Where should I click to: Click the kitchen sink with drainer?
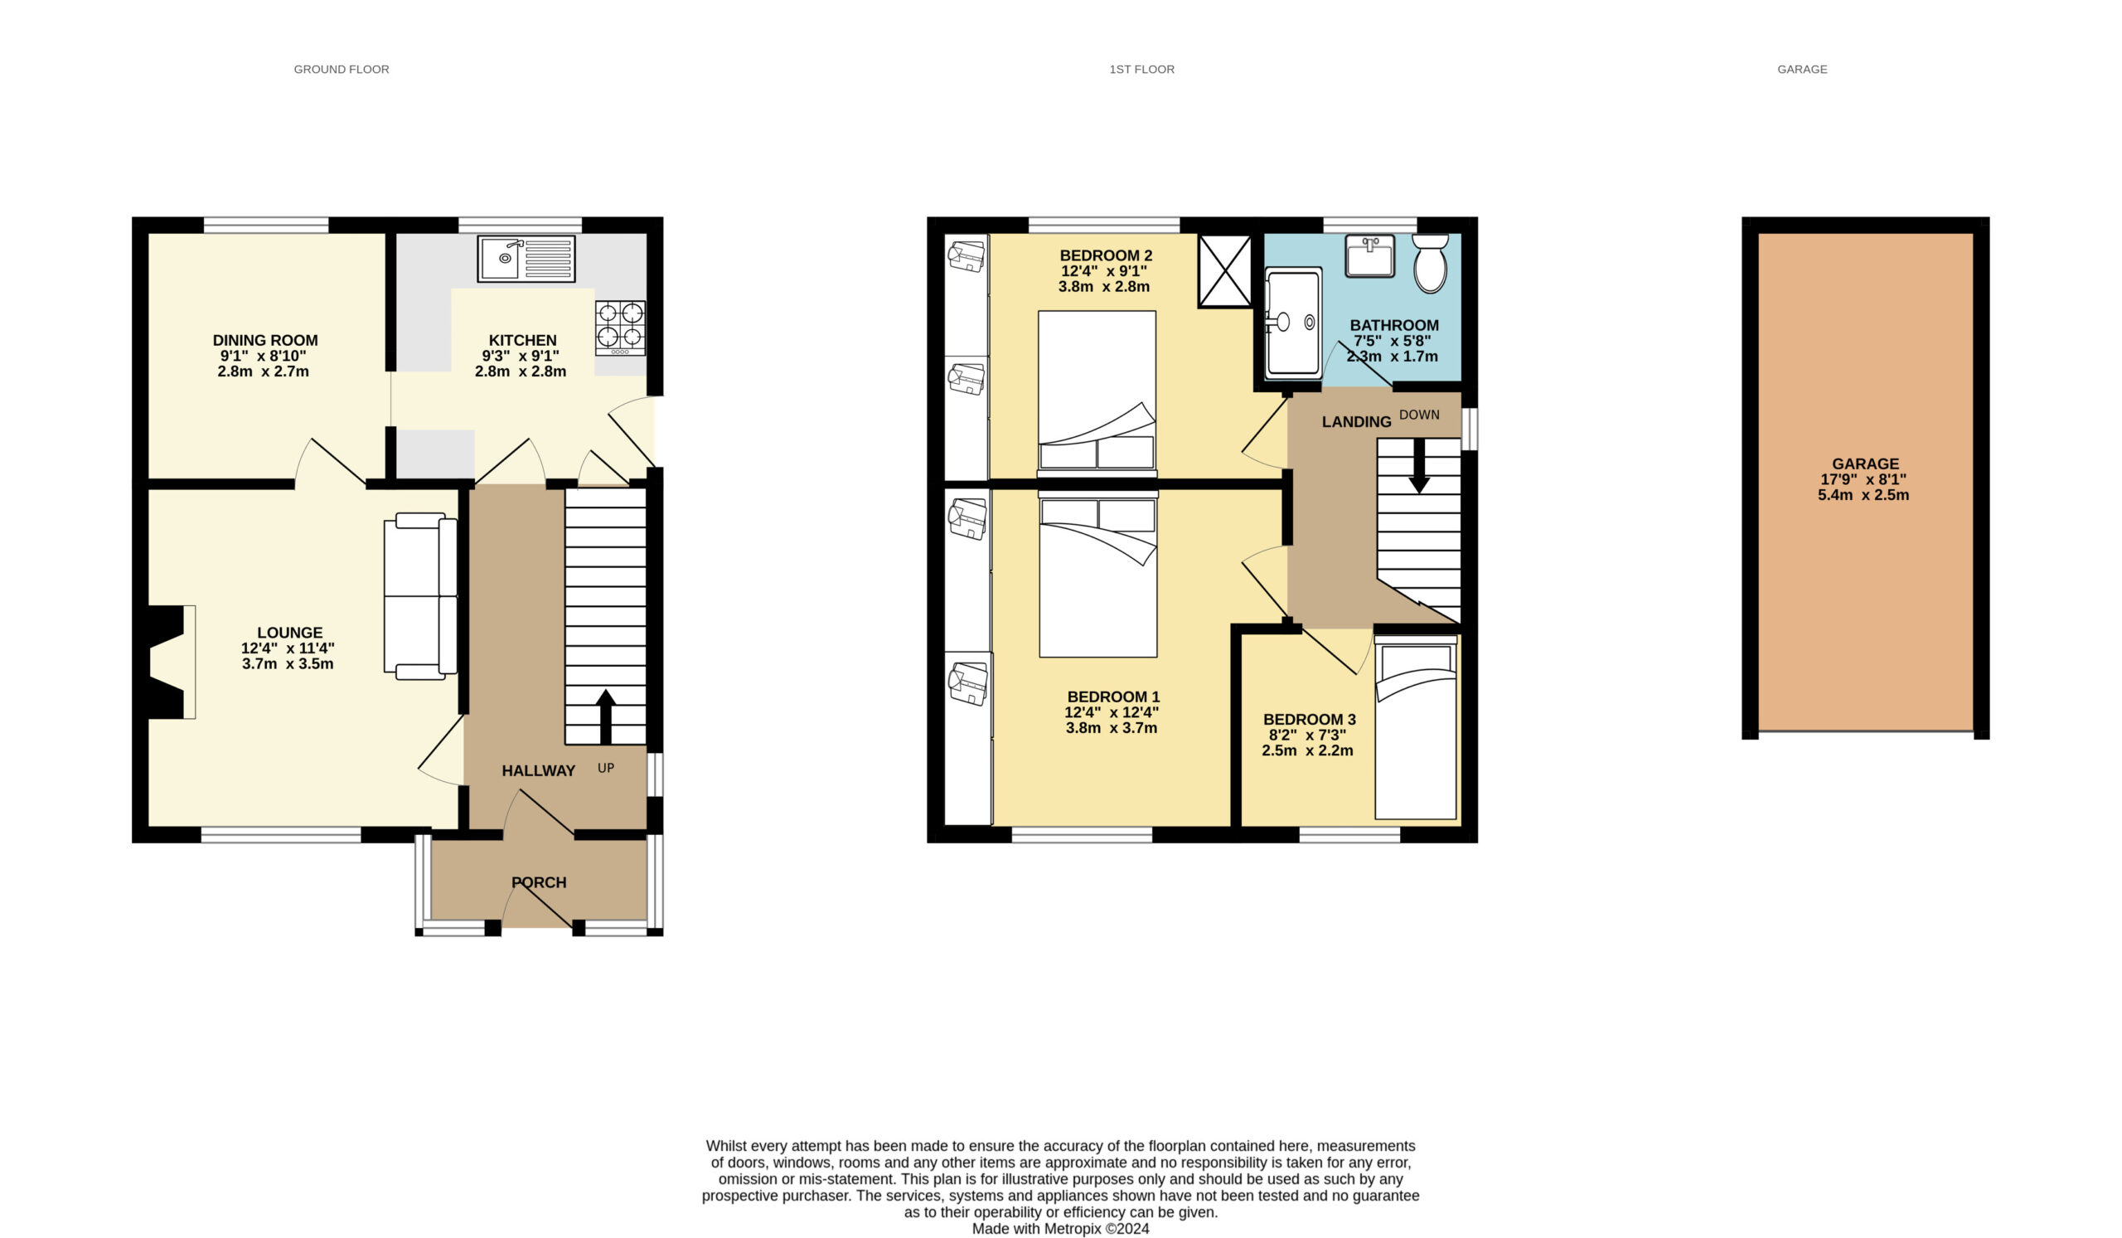(526, 259)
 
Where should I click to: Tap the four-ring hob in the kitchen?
(621, 328)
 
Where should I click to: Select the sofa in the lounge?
(420, 596)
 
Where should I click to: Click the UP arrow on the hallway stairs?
(605, 716)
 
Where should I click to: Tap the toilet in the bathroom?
(1430, 263)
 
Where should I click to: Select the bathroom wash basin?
(1370, 256)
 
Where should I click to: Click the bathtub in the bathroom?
(1293, 322)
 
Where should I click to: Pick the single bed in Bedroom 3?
(1416, 728)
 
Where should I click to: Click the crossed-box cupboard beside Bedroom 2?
(1225, 270)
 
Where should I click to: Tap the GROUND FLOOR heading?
(341, 69)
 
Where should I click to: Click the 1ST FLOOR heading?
(1141, 69)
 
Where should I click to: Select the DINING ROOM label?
(265, 340)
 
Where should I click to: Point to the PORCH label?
(539, 881)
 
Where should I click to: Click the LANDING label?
(1356, 422)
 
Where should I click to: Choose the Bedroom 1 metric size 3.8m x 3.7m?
(1112, 728)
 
